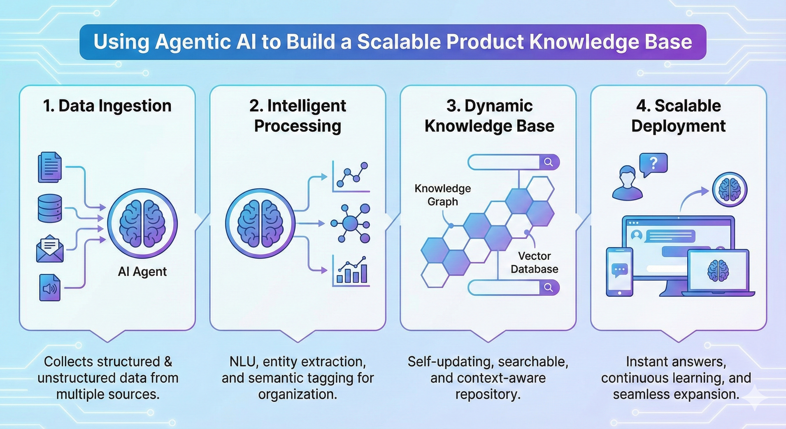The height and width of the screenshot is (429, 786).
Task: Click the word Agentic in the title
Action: (193, 42)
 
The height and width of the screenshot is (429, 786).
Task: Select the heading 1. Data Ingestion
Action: (107, 106)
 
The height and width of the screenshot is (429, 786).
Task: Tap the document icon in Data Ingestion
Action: (50, 168)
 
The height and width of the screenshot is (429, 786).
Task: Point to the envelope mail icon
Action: (50, 249)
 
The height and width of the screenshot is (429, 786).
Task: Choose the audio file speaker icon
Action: (50, 287)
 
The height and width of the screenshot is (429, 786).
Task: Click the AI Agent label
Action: (142, 271)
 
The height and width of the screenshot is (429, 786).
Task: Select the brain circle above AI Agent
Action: (142, 223)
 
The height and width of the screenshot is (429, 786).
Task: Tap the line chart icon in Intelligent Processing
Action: (351, 177)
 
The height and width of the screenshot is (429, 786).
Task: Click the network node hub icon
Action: (350, 223)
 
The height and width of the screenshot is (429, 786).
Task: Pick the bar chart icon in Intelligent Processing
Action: (351, 271)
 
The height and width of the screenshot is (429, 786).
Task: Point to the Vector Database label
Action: (534, 263)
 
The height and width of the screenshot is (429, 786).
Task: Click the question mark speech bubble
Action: (653, 164)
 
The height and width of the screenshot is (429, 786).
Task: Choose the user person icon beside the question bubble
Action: (627, 183)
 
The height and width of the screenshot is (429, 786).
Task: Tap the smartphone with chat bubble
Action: (619, 271)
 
